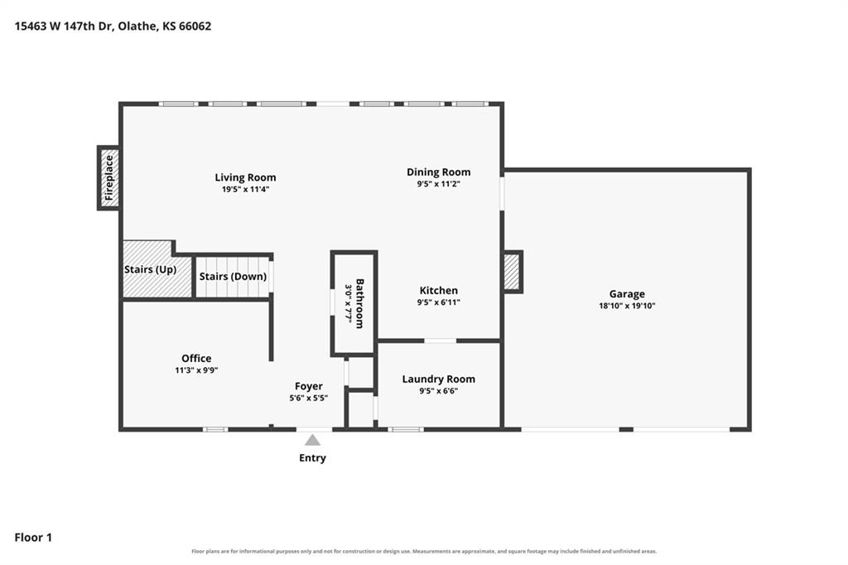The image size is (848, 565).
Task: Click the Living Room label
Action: tap(245, 177)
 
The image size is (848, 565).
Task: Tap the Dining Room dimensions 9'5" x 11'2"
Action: tap(438, 184)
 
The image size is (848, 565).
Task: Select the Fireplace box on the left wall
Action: tap(108, 177)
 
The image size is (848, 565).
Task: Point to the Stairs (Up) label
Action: tap(151, 269)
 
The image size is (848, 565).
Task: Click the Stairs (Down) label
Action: tap(233, 277)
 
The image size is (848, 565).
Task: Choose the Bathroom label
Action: tap(359, 303)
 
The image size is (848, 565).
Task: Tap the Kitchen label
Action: tap(439, 291)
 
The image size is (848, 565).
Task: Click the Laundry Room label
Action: tap(439, 379)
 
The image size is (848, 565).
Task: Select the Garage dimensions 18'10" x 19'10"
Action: tap(627, 306)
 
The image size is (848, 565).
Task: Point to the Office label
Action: tap(196, 358)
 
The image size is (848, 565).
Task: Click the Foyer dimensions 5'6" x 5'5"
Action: tap(308, 398)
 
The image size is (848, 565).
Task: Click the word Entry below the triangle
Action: tap(312, 458)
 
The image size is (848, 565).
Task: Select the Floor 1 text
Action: tap(33, 538)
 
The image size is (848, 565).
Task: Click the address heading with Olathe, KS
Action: tap(113, 26)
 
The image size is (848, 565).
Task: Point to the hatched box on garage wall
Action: tap(512, 272)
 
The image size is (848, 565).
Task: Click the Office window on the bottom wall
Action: tap(215, 430)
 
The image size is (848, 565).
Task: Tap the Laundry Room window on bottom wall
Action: tap(406, 430)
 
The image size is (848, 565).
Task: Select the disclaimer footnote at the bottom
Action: tap(424, 552)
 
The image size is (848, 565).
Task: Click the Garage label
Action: tap(627, 294)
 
